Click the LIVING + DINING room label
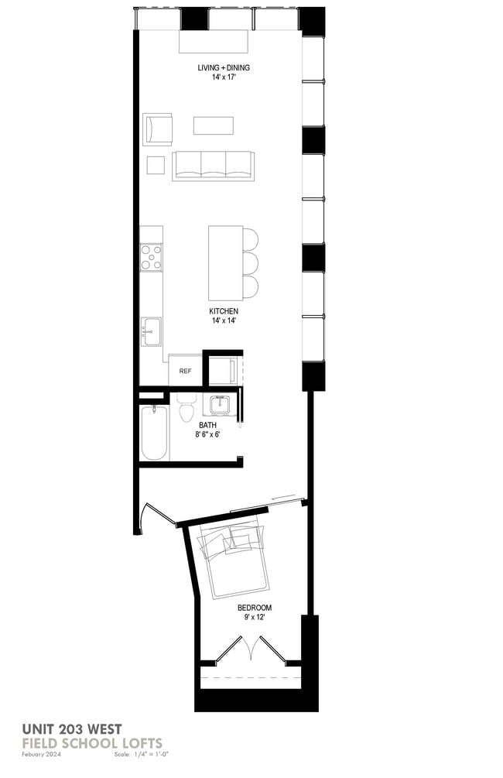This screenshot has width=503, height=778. coord(223,67)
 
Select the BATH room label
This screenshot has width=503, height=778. coord(207,425)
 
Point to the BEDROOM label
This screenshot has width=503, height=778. coord(254,608)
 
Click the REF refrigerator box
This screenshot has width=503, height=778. coord(185,371)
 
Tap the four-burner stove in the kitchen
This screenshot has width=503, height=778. coord(151,257)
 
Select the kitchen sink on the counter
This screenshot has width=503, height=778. coord(151,331)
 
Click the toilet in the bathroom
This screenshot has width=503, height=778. coord(186,407)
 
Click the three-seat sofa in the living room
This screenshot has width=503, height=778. coord(213,165)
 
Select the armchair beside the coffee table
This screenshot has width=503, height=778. coord(157,129)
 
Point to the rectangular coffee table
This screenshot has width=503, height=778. coord(213,125)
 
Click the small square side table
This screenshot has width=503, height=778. coord(156,165)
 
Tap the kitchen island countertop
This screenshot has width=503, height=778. coord(224,263)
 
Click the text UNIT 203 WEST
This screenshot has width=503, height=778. coord(70,728)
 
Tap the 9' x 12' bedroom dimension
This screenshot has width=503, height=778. coord(254,619)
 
